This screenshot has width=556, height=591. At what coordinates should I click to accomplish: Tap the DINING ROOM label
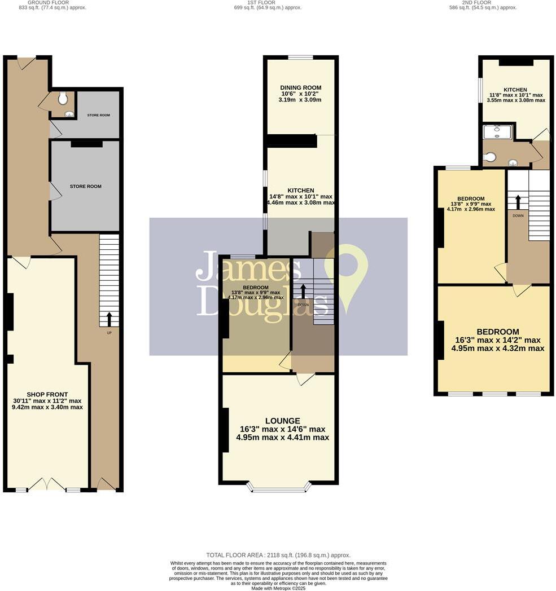300,87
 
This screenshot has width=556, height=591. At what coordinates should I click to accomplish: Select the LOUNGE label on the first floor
282,420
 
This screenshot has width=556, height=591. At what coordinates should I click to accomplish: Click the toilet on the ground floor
63,99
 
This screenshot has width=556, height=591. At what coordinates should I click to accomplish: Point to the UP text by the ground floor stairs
109,333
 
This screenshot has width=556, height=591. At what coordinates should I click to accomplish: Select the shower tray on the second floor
497,131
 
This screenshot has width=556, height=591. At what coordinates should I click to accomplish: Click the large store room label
85,186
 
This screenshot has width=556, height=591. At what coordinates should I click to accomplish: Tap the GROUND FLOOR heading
52,2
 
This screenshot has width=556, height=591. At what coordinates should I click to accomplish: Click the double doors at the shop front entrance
47,485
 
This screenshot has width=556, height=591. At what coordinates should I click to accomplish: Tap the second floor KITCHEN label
515,90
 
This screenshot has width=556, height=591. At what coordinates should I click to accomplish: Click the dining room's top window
300,57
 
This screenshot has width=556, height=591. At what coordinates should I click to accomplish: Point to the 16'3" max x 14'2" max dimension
497,340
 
